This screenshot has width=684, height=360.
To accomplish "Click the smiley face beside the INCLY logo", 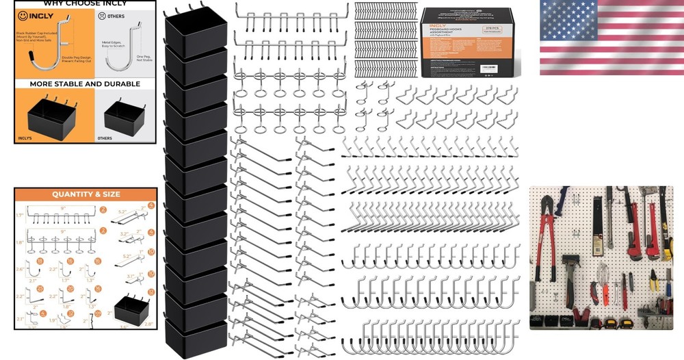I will click(23, 14).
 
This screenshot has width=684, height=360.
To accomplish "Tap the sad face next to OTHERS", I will click(102, 14).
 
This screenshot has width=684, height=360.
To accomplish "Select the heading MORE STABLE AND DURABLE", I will click(85, 84).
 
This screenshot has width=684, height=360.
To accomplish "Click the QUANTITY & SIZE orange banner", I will click(85, 194).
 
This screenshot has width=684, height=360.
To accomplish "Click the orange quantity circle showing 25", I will click(40, 290).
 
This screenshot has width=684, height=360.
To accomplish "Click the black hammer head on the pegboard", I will click(571, 260).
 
